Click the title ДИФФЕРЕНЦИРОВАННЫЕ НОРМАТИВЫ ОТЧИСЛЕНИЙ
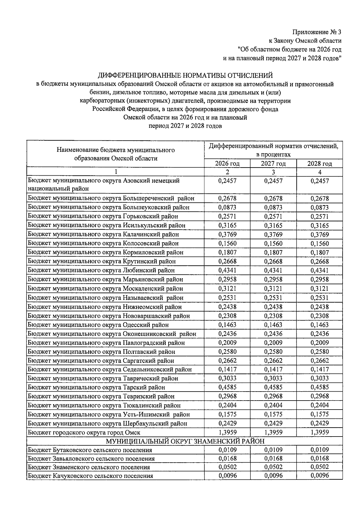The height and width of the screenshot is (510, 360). point(185,75)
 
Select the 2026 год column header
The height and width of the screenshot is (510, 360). point(227,163)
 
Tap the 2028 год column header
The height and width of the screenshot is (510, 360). point(319,163)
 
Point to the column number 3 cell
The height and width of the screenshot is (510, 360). point(273,172)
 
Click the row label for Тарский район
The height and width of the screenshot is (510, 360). point(96,387)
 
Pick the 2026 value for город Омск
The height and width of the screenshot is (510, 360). point(227,432)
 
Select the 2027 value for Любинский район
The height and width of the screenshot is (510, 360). point(273,270)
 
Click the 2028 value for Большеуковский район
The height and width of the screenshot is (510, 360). point(319,207)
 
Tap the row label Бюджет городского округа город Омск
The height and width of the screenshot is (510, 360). point(84,432)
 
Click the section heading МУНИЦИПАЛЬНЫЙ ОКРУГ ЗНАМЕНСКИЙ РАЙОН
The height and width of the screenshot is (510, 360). point(185,441)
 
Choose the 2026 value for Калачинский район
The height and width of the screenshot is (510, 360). point(227,234)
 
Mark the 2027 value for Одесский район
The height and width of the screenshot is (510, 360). point(273,325)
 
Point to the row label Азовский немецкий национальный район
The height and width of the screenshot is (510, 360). point(103,184)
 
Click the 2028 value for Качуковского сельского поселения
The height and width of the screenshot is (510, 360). point(319,476)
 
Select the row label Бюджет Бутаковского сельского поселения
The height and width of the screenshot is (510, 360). point(90,450)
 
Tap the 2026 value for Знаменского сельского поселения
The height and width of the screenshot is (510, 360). point(227,467)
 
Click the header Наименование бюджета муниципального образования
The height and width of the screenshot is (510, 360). point(115,154)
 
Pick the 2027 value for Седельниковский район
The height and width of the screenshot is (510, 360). point(273,369)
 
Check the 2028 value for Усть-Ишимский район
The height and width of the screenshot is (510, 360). point(319,414)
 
